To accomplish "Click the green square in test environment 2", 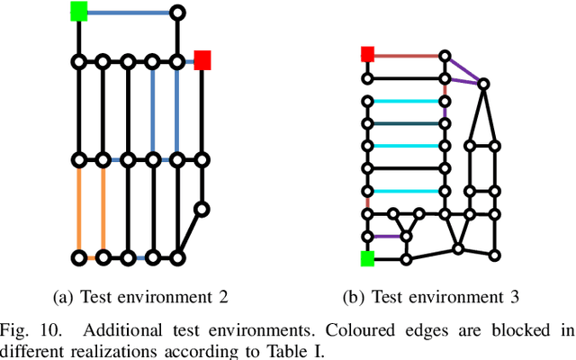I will point(78,12).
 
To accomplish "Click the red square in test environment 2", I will point(202,60).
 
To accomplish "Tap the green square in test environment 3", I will point(367,258).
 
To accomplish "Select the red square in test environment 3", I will point(367,55).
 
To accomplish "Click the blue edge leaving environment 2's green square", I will point(128,13).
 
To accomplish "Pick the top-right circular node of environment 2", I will point(177,13).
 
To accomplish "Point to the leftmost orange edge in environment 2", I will point(78,209).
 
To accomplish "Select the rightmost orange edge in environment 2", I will point(103,209).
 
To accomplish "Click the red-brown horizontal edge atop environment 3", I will point(406,56).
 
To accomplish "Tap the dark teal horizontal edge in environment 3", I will point(406,123).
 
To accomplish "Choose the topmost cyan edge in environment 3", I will point(406,101).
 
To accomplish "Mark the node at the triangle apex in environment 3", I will point(483,84).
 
